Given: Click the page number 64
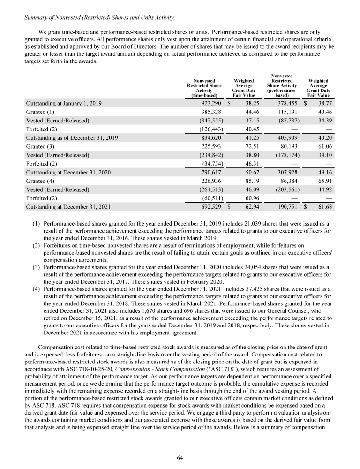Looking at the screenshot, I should [180, 458].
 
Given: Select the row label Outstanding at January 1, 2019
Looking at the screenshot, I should [64, 103].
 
